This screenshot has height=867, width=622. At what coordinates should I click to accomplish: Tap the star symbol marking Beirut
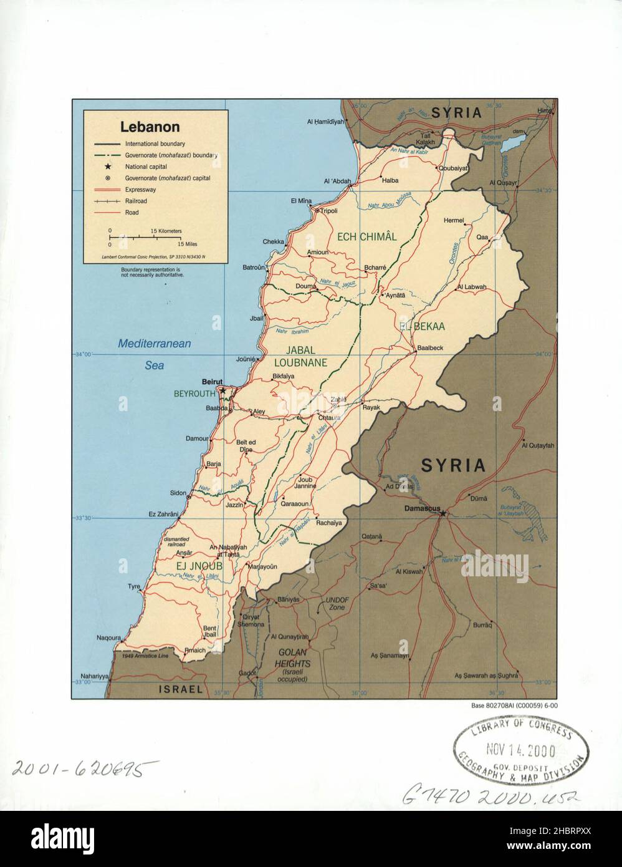click(222, 391)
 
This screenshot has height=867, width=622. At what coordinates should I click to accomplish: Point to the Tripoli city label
click(328, 211)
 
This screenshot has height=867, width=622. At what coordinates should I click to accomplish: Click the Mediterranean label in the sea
click(155, 344)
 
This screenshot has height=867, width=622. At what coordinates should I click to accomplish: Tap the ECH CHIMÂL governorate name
click(366, 236)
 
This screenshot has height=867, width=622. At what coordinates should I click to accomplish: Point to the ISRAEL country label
click(180, 689)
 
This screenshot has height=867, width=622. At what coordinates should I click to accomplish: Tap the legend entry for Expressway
click(140, 190)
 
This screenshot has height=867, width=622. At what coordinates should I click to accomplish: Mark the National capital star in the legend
click(108, 167)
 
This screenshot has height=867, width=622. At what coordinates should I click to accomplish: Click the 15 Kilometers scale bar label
click(166, 231)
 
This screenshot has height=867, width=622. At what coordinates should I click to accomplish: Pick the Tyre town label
click(134, 587)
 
